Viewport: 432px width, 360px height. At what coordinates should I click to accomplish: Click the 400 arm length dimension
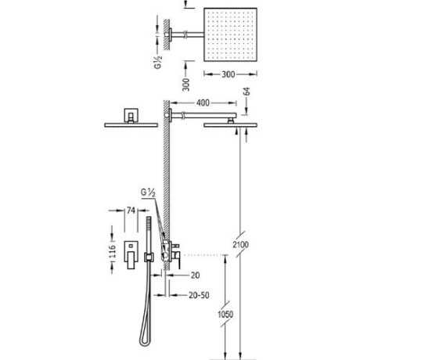coord(203,103)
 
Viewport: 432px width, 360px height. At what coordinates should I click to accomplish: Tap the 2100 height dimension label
coord(240,244)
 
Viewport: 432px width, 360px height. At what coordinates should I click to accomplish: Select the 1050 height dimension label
coord(225,314)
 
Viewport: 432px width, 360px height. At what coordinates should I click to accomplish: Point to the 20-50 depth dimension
coord(199,295)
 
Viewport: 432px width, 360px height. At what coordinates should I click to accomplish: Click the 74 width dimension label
coord(131,211)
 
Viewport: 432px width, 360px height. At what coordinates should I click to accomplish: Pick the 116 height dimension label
coord(112,251)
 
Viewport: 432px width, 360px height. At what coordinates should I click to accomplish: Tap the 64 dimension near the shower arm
coord(247,92)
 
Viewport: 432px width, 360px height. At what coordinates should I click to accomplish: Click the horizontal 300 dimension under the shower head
coord(229,74)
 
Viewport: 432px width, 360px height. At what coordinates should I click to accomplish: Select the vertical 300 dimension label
coord(186,85)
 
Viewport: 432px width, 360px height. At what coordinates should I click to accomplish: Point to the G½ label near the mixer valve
coord(148,193)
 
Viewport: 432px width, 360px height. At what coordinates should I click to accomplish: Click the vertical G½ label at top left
coord(158,63)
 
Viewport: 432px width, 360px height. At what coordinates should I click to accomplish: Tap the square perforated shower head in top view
coord(230,34)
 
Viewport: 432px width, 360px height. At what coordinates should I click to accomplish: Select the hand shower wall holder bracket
coord(149,257)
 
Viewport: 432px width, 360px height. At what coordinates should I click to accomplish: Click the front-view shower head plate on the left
coord(131,125)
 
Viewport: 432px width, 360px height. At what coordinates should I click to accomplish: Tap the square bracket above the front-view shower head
coord(131,115)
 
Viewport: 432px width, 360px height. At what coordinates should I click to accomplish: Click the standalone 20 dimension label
coord(195,275)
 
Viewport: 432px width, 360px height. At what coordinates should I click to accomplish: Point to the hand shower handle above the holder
coord(149,236)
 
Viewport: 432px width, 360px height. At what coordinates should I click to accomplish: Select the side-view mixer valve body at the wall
coord(171,252)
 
